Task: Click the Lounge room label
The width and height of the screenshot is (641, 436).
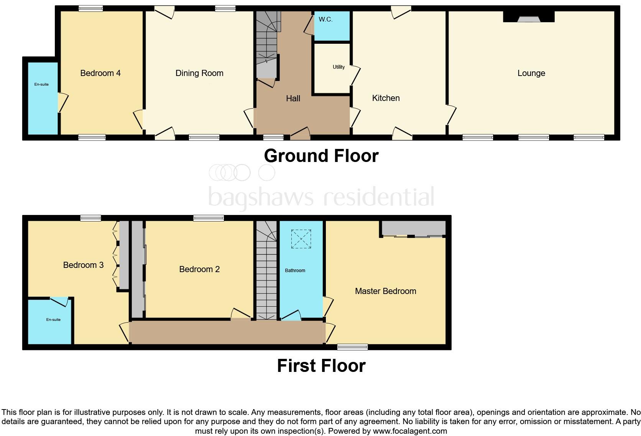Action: pyautogui.click(x=531, y=73)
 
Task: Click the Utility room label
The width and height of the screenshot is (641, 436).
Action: pyautogui.click(x=339, y=67)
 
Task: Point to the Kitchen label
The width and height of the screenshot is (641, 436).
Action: pyautogui.click(x=386, y=98)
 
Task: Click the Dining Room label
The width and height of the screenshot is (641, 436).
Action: pyautogui.click(x=199, y=73)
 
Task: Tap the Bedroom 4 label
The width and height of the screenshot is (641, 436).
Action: pyautogui.click(x=100, y=73)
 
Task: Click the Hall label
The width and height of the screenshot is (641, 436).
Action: pyautogui.click(x=293, y=99)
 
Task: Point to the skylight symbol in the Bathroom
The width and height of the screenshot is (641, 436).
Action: pyautogui.click(x=301, y=239)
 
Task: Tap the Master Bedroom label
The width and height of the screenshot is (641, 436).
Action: pyautogui.click(x=385, y=291)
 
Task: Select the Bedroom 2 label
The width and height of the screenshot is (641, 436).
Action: pyautogui.click(x=199, y=269)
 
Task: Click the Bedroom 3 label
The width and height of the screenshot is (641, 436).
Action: pyautogui.click(x=83, y=265)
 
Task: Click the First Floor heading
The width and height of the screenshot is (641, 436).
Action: pyautogui.click(x=321, y=366)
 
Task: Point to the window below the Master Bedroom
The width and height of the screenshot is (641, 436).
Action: pyautogui.click(x=352, y=347)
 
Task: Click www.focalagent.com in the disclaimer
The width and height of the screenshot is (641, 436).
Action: pyautogui.click(x=410, y=431)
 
